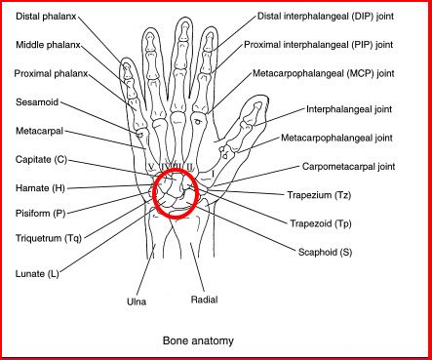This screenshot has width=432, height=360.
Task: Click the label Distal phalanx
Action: (46, 17)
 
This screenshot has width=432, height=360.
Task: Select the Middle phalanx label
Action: (48, 45)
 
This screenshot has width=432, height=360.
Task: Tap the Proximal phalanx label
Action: (51, 74)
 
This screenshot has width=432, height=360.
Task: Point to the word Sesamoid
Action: (37, 102)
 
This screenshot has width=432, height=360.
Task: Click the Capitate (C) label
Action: (41, 160)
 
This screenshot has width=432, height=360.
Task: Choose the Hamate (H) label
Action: (40, 188)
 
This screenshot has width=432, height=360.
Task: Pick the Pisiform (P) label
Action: (41, 214)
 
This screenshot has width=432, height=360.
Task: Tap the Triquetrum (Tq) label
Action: (49, 238)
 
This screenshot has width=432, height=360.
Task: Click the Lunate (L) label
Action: (37, 274)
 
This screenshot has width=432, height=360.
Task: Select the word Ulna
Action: (137, 301)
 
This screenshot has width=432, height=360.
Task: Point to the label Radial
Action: (204, 300)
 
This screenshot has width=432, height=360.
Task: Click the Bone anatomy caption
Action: (198, 340)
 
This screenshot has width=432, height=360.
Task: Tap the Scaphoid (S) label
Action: (325, 252)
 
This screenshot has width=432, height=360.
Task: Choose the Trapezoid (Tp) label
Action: (321, 223)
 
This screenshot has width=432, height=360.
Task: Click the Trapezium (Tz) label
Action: (319, 195)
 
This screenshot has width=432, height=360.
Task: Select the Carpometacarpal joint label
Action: (348, 167)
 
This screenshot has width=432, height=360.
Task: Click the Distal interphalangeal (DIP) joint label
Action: (326, 17)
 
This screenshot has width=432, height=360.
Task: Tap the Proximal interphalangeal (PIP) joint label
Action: (319, 45)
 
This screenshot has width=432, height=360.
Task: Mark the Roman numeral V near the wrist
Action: (151, 166)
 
